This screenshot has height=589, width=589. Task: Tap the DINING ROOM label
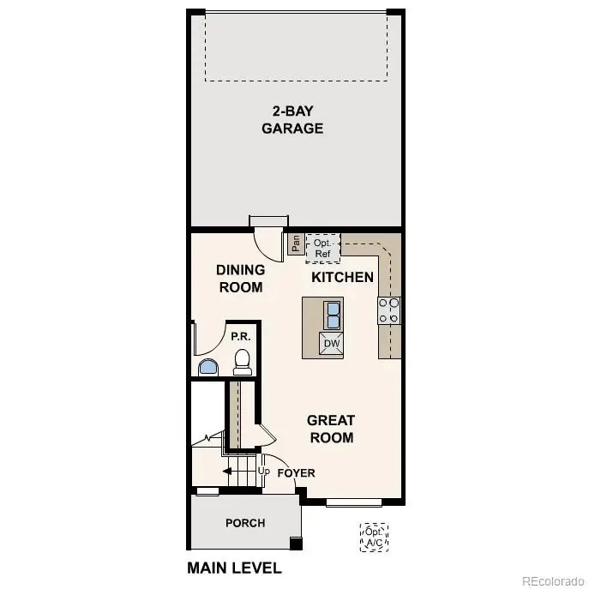[241, 278]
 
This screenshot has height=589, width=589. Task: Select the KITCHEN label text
[342, 277]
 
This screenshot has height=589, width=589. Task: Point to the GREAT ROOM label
[331, 429]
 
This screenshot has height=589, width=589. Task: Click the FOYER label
[297, 472]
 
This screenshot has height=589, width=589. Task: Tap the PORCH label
[245, 523]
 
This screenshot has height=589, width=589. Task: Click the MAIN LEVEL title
[234, 568]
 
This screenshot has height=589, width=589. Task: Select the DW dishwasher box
[331, 345]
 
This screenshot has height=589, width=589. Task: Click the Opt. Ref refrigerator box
[322, 248]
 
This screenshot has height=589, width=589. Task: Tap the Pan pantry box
[293, 244]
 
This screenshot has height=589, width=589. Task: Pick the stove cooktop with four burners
[388, 310]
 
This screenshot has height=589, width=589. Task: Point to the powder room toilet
[242, 362]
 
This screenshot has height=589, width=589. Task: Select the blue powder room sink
[208, 368]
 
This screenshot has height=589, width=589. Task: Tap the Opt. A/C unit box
[374, 538]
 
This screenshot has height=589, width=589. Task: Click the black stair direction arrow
[228, 471]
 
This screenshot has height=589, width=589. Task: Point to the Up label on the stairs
[264, 472]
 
